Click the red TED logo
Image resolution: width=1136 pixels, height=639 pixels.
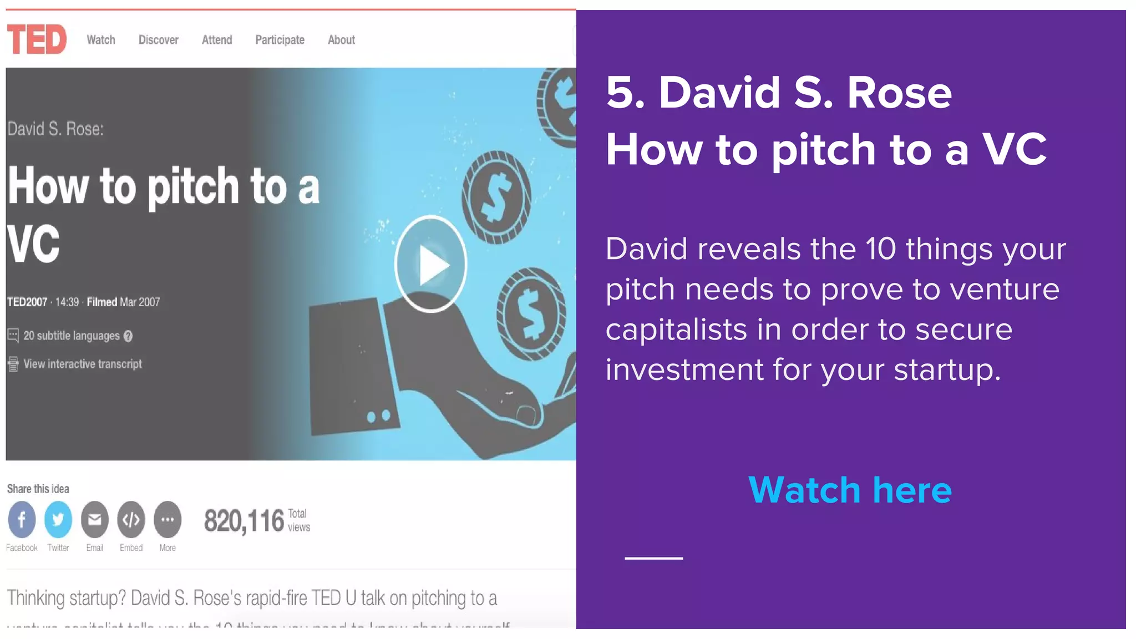click(37, 39)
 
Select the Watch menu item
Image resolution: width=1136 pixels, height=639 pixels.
click(101, 40)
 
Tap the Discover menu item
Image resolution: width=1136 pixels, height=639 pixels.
click(159, 40)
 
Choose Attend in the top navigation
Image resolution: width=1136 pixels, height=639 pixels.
click(217, 40)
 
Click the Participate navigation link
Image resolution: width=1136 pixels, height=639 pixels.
click(280, 40)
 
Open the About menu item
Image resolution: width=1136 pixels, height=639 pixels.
click(341, 40)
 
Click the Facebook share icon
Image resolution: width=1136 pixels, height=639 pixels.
click(22, 519)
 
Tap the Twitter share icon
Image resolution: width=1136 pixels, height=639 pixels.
click(58, 519)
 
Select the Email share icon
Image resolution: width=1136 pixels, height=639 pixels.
click(95, 519)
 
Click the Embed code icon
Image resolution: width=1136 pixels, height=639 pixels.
click(131, 519)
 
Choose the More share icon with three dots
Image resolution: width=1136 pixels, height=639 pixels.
click(168, 519)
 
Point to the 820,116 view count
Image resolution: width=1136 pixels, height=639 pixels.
click(244, 521)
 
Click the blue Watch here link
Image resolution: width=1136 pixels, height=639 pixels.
click(850, 490)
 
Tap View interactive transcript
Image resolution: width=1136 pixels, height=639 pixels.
click(82, 364)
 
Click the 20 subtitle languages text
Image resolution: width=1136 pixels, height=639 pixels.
click(71, 336)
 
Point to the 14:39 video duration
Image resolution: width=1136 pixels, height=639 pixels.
click(67, 302)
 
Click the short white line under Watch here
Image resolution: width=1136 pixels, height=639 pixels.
click(653, 558)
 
